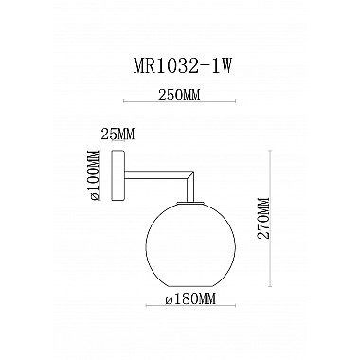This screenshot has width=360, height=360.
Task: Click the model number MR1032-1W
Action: point(181,66)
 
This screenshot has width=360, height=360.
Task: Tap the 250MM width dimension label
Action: point(179,95)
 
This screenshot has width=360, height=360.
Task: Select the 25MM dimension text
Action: point(117,134)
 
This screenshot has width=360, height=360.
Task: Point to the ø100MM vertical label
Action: point(95,174)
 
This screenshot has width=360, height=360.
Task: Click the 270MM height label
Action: point(263,219)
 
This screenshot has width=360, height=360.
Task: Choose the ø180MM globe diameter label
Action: point(190,298)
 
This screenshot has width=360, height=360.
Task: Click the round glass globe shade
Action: point(190,244)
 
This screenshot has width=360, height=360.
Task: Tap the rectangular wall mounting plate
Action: point(118,175)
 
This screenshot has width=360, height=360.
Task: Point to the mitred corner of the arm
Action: point(189,175)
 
